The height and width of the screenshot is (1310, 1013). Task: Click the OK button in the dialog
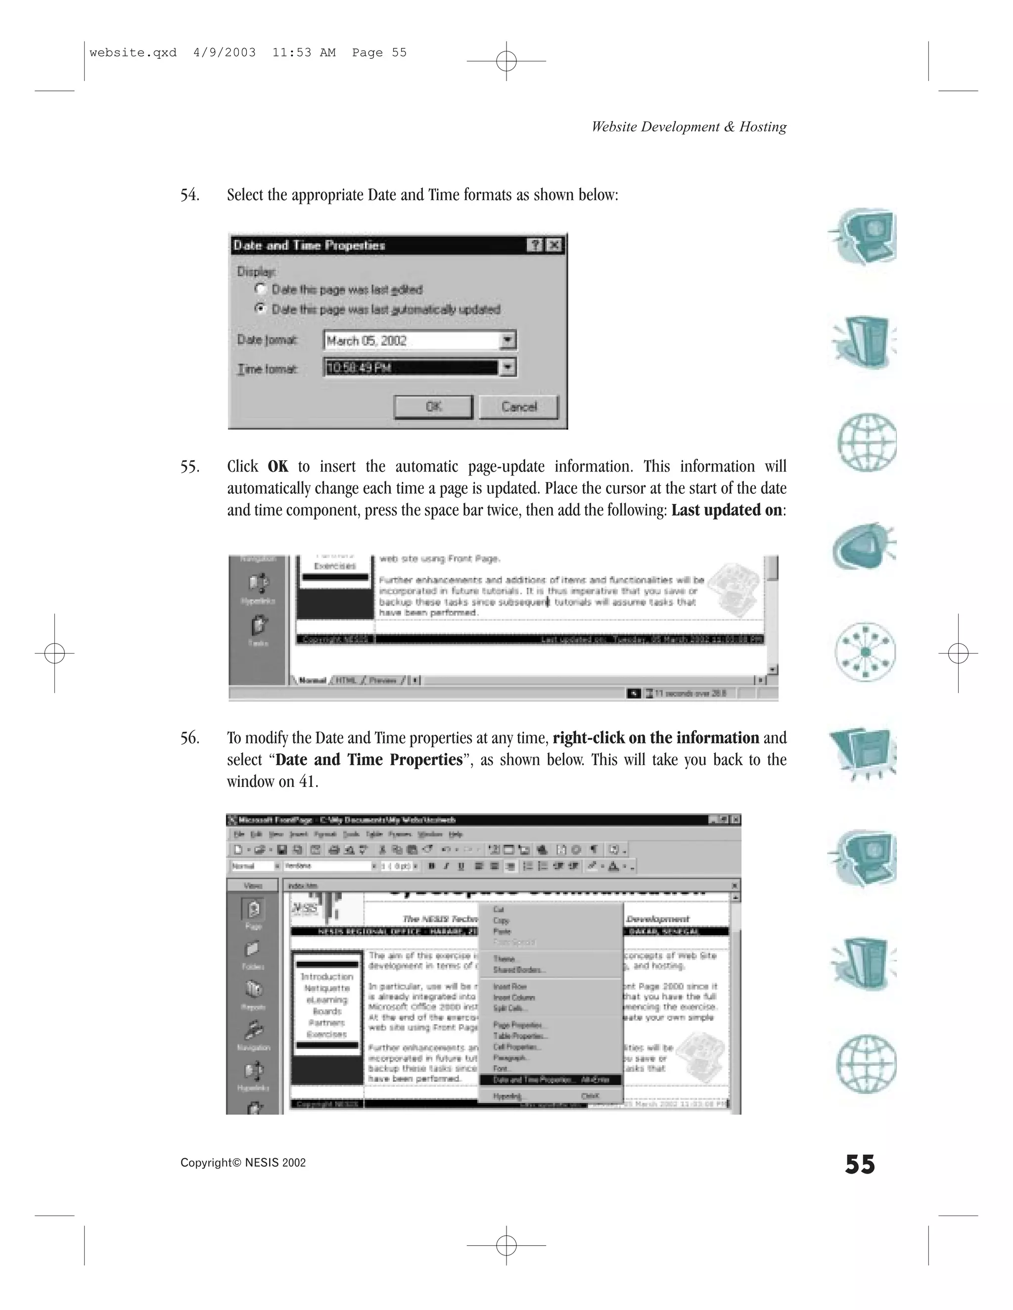click(433, 407)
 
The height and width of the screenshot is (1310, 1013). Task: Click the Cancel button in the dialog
click(518, 407)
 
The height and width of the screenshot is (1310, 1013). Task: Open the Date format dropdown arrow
click(507, 340)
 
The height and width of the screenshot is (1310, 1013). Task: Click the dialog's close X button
click(554, 245)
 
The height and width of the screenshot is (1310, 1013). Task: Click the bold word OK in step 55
click(278, 467)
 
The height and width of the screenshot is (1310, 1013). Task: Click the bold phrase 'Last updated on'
click(726, 511)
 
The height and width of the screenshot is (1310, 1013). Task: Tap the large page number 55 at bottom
click(859, 1164)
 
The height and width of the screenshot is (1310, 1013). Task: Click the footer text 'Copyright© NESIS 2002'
click(243, 1163)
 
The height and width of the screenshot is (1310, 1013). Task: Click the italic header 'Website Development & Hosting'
click(689, 127)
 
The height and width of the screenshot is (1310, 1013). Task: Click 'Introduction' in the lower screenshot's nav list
click(326, 976)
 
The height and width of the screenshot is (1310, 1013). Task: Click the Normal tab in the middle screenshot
click(312, 680)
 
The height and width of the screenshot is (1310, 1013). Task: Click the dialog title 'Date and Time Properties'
click(309, 245)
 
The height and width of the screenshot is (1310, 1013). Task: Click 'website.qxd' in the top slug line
click(133, 53)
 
